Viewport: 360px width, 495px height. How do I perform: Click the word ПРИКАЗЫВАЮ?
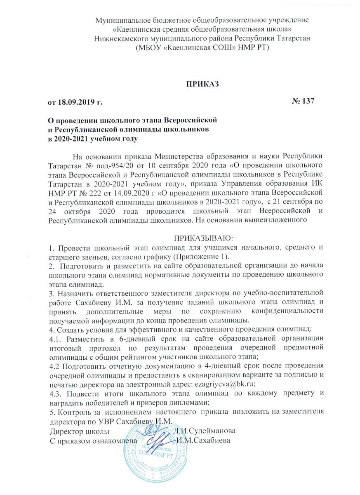pyautogui.click(x=202, y=238)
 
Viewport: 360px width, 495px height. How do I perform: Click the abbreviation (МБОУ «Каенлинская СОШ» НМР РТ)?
pyautogui.click(x=202, y=48)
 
